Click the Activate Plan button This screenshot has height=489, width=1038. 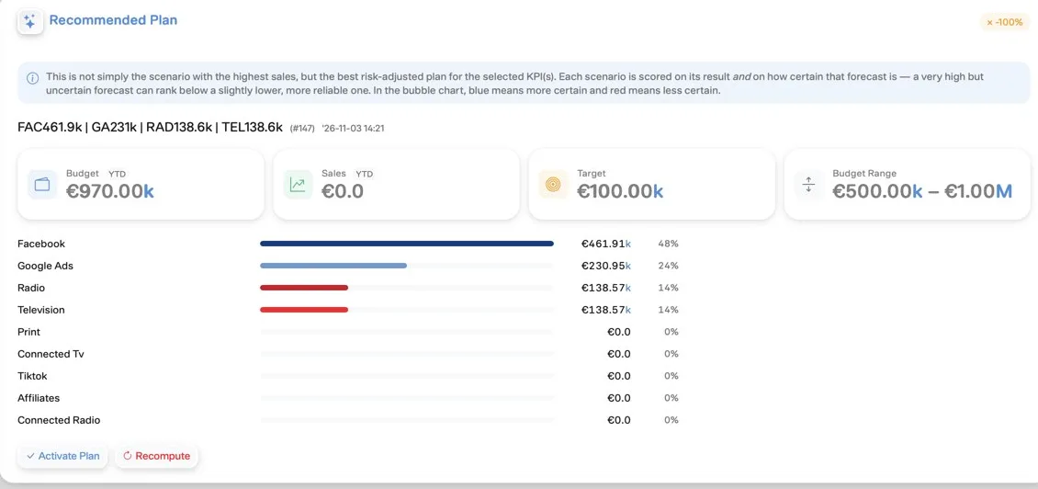pyautogui.click(x=62, y=456)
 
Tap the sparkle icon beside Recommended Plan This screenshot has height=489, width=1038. pyautogui.click(x=29, y=22)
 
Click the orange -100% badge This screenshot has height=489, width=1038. pyautogui.click(x=1004, y=22)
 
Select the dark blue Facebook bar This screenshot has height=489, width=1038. pyautogui.click(x=406, y=244)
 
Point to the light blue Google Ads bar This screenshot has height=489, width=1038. pyautogui.click(x=333, y=266)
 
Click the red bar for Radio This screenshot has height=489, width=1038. pyautogui.click(x=304, y=288)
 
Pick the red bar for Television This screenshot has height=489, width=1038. pyautogui.click(x=304, y=310)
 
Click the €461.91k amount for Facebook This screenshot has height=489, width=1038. pyautogui.click(x=605, y=244)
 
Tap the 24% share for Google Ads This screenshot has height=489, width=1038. pyautogui.click(x=668, y=266)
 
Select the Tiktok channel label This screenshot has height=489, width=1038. pyautogui.click(x=32, y=376)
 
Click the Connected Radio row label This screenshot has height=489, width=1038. pyautogui.click(x=59, y=420)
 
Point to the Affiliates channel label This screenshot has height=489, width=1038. pyautogui.click(x=39, y=398)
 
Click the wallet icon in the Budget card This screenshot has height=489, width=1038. pyautogui.click(x=42, y=184)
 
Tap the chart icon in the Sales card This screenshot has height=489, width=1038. pyautogui.click(x=298, y=184)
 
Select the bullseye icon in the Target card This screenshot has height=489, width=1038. pyautogui.click(x=553, y=184)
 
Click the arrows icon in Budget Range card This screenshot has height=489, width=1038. pyautogui.click(x=809, y=184)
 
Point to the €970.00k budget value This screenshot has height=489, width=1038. pyautogui.click(x=110, y=191)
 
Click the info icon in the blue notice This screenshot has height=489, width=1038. pyautogui.click(x=32, y=78)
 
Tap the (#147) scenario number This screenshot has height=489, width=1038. pyautogui.click(x=302, y=128)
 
